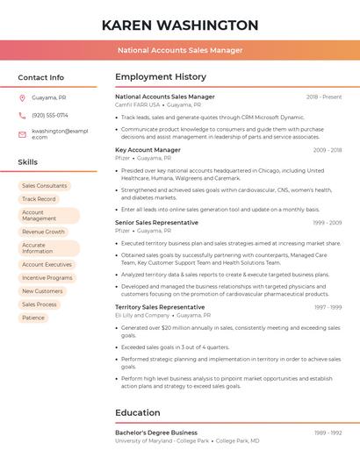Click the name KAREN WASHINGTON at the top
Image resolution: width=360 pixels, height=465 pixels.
point(180,25)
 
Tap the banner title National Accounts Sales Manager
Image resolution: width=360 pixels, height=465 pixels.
point(180,50)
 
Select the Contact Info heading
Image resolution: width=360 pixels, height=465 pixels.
point(40,77)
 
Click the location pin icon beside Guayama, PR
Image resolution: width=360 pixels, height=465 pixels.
point(22,97)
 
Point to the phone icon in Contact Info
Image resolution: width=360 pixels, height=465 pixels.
point(22,115)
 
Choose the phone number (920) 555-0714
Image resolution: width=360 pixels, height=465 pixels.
point(50,115)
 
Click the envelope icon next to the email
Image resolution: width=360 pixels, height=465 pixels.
point(22,134)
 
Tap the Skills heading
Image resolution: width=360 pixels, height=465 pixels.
point(27,162)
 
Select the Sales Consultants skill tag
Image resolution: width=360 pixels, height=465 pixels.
point(44,186)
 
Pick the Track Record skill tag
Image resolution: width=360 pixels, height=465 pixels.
point(39,199)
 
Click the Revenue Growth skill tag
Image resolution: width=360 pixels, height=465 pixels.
point(43,232)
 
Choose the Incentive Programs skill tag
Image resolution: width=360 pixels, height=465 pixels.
point(47,277)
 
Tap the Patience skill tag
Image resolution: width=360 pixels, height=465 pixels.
point(33,318)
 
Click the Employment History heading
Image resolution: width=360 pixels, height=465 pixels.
point(161,77)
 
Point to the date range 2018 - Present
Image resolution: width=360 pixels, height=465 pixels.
point(324,97)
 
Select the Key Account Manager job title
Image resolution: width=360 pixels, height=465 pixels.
point(148,150)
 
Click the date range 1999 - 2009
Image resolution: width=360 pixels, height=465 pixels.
point(327,223)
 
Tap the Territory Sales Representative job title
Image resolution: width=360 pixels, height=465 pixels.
point(160,307)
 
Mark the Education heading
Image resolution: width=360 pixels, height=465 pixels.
point(137,412)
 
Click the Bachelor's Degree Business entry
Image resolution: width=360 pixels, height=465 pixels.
point(156,433)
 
